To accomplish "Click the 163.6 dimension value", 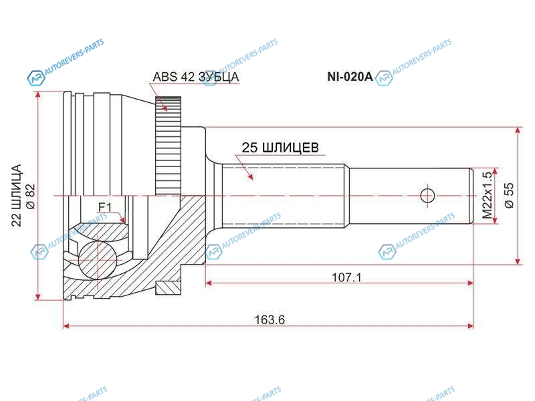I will pos(270,319).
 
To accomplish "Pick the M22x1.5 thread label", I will pos(487,196).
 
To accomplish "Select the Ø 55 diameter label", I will pos(508,194).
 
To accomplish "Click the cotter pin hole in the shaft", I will pos(427,195).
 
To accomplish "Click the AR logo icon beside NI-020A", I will pos(383,80).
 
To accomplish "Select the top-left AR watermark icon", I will pos(35,80).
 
